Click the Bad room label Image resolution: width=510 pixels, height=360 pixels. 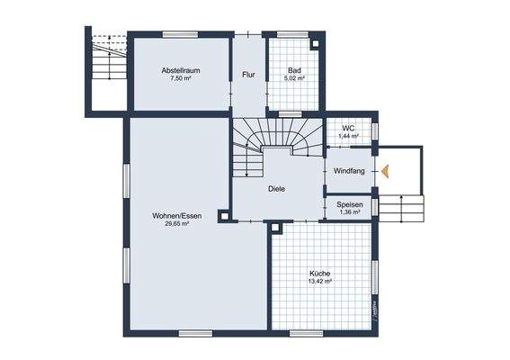point(294,70)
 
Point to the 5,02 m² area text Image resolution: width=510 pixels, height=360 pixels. point(294,78)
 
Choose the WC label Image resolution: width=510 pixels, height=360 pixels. point(349,128)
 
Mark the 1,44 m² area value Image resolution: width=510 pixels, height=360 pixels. point(349,136)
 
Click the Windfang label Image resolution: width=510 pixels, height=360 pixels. point(349,171)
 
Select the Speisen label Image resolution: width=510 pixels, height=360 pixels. point(349,204)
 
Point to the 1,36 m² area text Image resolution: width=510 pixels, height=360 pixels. point(349,212)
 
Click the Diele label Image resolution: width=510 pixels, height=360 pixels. point(277,189)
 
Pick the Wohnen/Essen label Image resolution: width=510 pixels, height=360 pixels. point(176,216)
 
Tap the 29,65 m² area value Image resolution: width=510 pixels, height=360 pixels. point(176,224)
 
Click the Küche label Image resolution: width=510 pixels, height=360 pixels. point(320,273)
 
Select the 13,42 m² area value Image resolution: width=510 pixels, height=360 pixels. point(320,281)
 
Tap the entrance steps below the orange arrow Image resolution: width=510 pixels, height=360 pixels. point(400,209)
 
